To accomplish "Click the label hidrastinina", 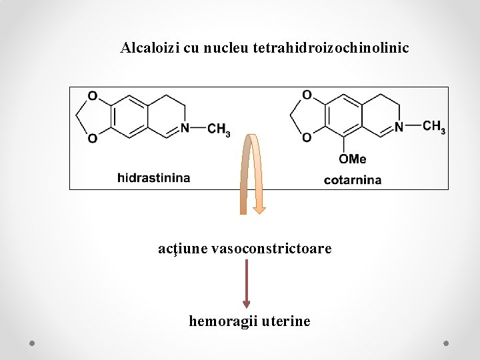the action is click(x=153, y=178).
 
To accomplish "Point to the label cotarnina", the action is click(x=353, y=179).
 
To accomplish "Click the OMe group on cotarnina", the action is click(x=352, y=159).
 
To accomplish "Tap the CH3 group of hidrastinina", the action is click(x=219, y=129).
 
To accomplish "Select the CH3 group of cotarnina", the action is click(x=434, y=127).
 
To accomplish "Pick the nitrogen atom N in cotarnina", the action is click(x=399, y=127).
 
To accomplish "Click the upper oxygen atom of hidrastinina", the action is click(x=93, y=97).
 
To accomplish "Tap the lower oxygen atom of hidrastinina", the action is click(x=93, y=139).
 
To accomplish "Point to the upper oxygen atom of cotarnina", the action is click(x=307, y=95).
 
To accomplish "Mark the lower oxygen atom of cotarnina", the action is click(x=307, y=138).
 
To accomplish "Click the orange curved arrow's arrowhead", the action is click(x=259, y=210).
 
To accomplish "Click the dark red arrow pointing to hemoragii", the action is click(x=247, y=283).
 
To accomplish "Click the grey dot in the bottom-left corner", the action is click(x=32, y=343).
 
